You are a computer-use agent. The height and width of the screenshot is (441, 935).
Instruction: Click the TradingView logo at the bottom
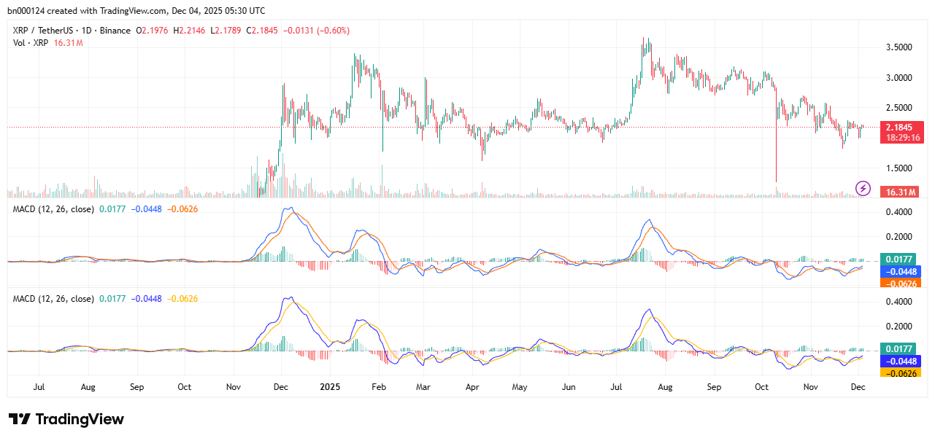[66, 419]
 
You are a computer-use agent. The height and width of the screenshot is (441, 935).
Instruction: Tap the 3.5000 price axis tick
[900, 47]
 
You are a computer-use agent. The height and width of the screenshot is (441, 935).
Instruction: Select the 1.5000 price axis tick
[900, 168]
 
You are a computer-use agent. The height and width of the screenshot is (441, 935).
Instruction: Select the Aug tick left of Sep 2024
[88, 386]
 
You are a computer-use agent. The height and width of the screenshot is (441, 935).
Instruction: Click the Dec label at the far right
[858, 386]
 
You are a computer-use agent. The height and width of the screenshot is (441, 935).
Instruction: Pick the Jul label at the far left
[39, 386]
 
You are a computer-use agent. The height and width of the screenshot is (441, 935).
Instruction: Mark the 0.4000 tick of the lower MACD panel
[900, 302]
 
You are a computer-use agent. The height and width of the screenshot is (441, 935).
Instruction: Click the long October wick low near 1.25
[776, 182]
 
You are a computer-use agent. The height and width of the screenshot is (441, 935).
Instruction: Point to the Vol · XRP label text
[31, 43]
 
